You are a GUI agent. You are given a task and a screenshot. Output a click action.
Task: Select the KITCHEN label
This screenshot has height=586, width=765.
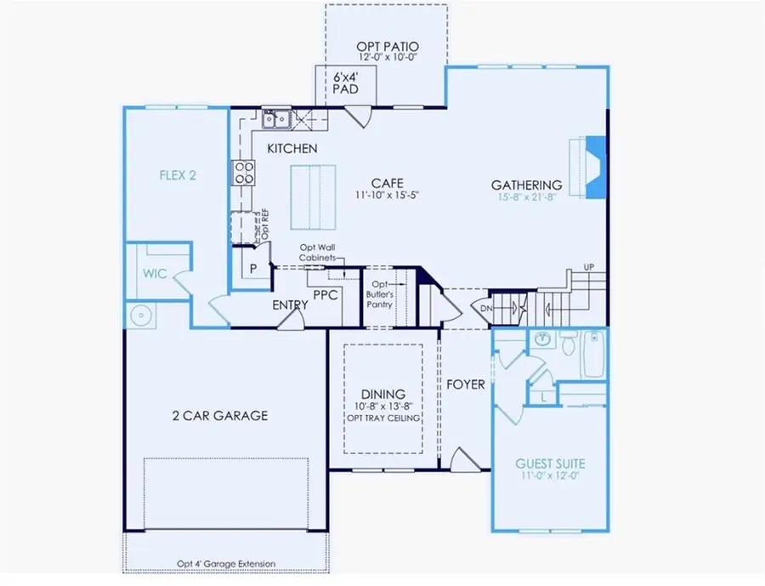coord(292,149)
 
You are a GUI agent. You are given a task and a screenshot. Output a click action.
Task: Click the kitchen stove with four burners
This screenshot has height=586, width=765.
coord(244,173)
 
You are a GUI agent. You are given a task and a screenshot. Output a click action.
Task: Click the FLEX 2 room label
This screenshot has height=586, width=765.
coord(178,176)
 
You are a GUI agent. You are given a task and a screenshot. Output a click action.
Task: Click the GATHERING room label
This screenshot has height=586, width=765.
coord(526,185)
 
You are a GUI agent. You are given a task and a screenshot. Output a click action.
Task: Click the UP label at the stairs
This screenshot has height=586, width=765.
coord(588,268)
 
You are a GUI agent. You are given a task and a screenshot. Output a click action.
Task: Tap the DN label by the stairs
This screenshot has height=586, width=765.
coord(486,309)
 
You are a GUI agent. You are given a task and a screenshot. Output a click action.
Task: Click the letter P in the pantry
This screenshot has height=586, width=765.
coord(252,269)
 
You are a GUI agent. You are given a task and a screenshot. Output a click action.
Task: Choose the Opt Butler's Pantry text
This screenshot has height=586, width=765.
coord(381,293)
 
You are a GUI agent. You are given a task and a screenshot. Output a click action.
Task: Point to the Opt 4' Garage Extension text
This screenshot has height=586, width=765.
coord(226,563)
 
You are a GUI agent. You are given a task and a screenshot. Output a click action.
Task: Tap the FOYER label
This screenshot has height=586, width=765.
coord(466,384)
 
